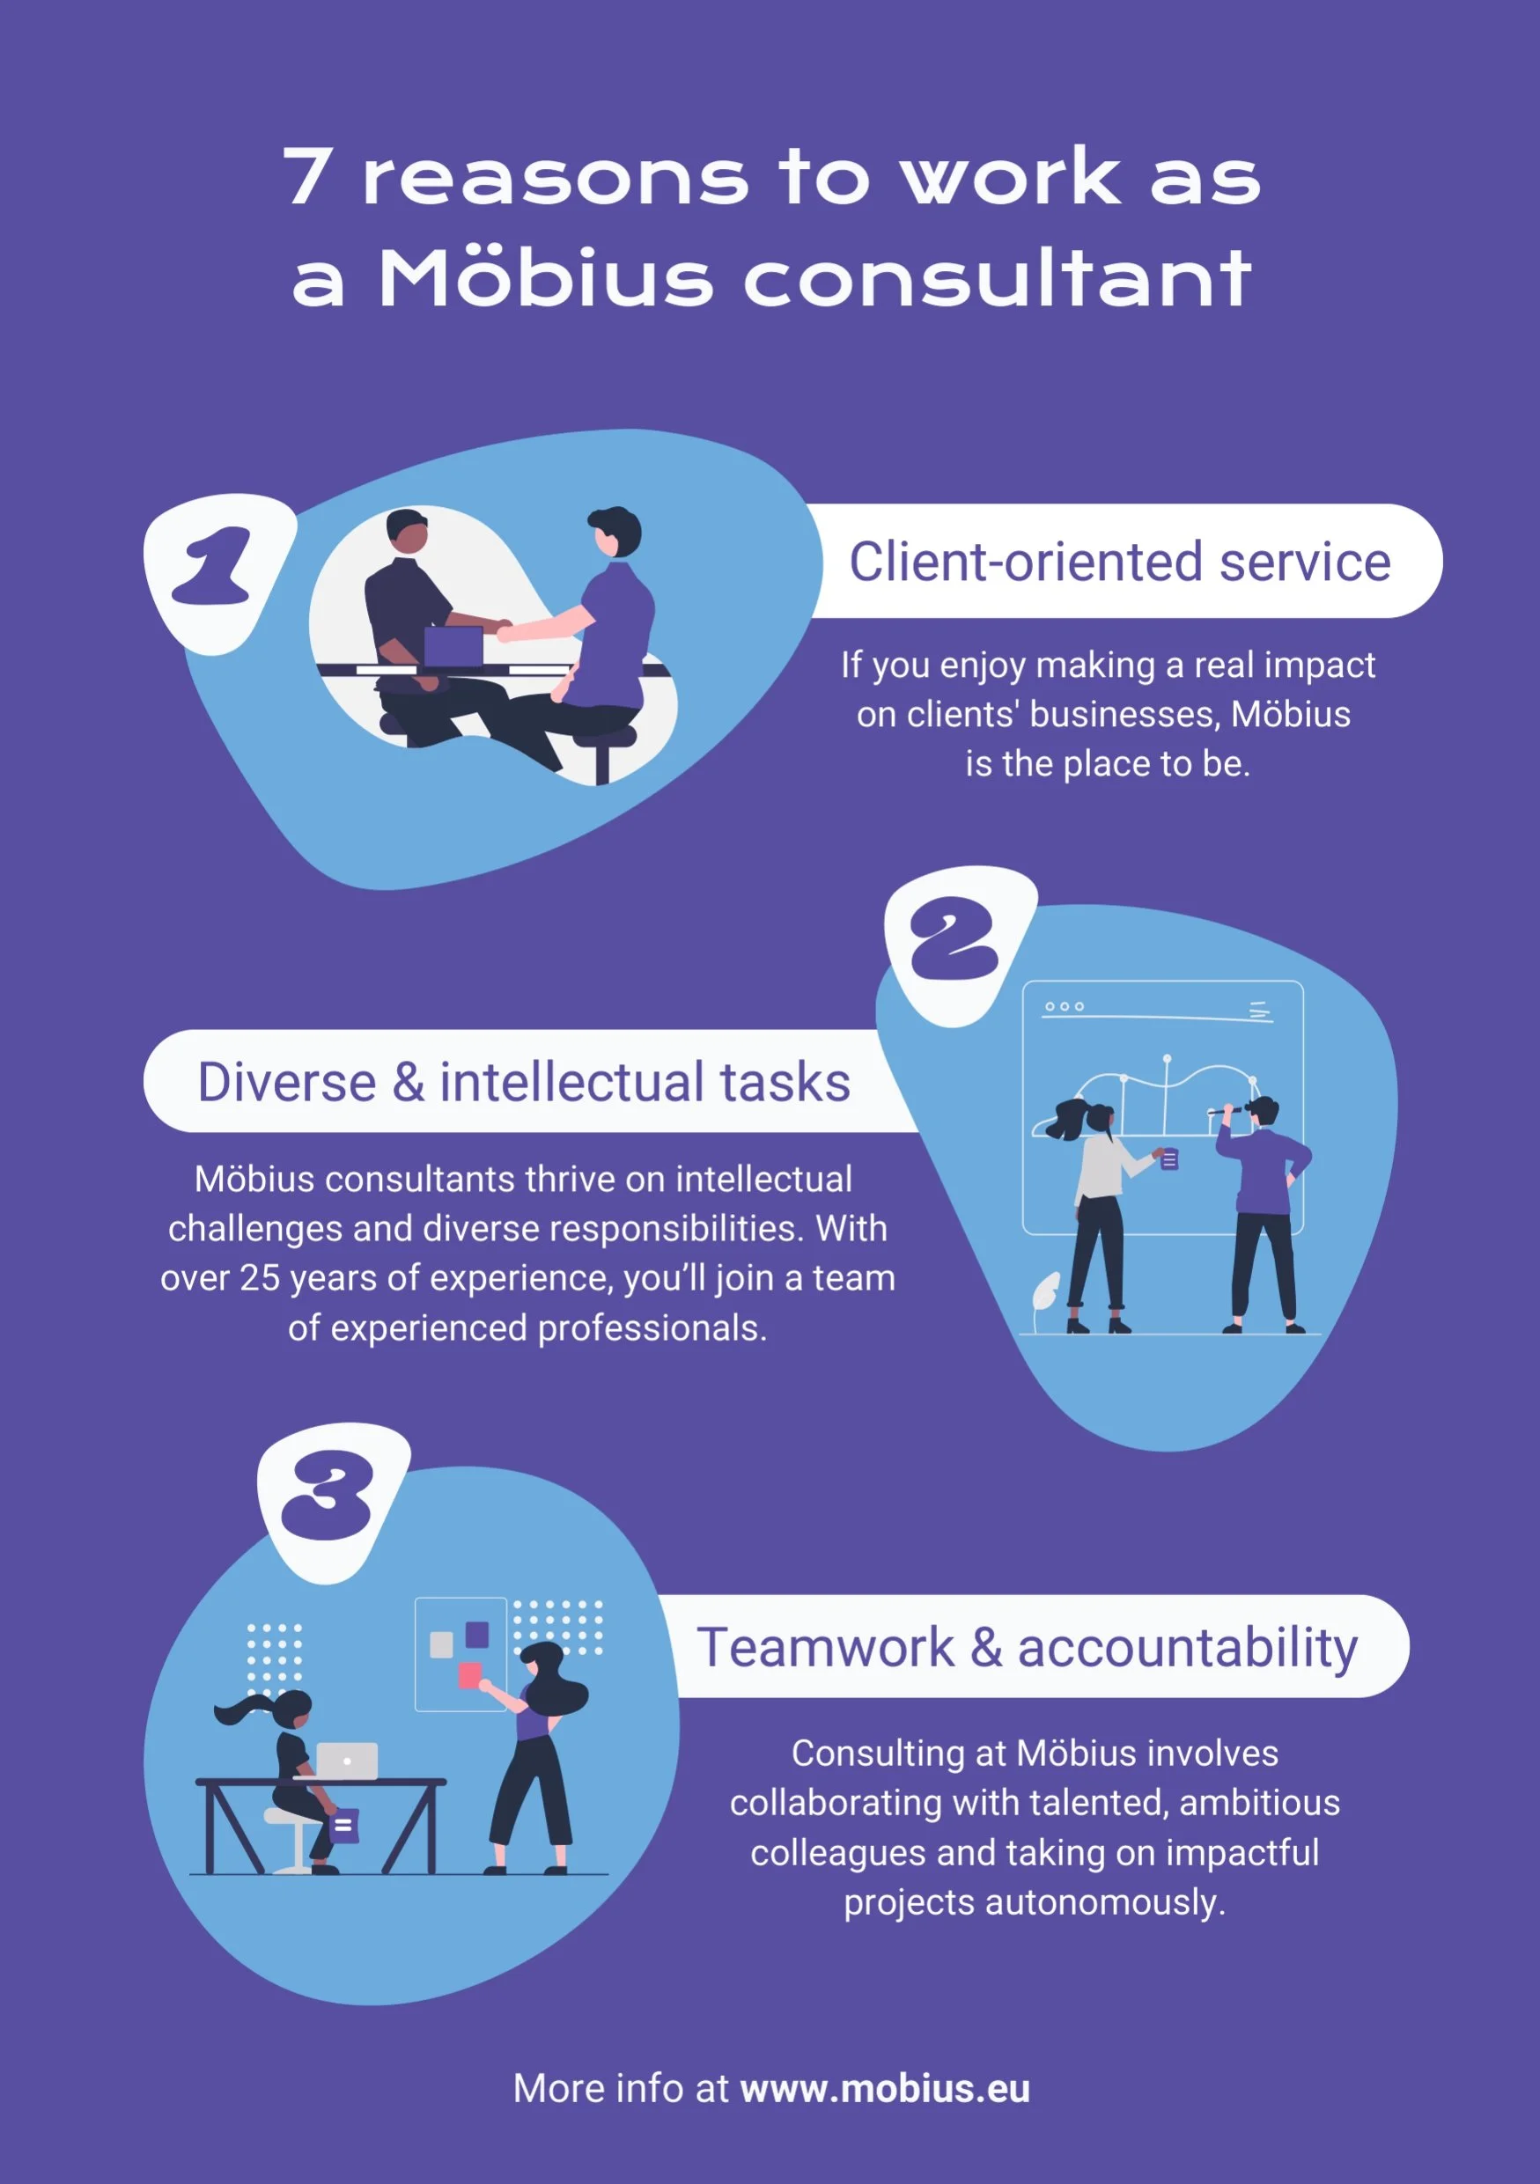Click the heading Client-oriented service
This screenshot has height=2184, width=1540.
[x=1120, y=562]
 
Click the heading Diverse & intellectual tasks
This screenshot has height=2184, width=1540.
[x=524, y=1082]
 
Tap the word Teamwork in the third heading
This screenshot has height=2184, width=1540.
[x=825, y=1648]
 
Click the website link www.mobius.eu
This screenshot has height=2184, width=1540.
[x=885, y=2088]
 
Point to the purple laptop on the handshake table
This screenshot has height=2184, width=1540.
[x=453, y=647]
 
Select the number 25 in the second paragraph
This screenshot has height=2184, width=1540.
[x=259, y=1278]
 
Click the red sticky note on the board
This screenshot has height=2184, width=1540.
[x=470, y=1675]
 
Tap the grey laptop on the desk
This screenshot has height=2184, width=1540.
[x=347, y=1761]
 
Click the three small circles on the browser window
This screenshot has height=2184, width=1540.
[x=1065, y=1006]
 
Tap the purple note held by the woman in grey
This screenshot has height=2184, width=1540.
[x=1170, y=1159]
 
